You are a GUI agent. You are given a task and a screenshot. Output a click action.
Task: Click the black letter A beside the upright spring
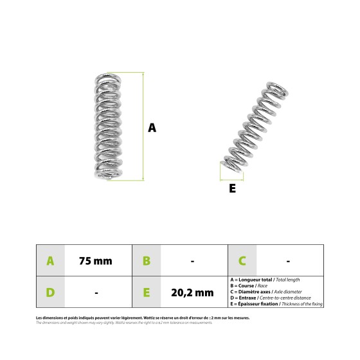click(152, 127)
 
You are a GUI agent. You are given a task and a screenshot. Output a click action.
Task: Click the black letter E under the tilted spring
click(232, 188)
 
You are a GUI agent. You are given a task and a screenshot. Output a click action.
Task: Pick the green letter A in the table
click(50, 261)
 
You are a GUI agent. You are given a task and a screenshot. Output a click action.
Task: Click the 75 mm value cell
click(95, 261)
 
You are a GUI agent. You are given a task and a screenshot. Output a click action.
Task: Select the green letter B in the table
click(146, 261)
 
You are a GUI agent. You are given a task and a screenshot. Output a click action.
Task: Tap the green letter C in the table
click(242, 261)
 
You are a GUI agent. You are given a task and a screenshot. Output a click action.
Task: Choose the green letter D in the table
click(50, 292)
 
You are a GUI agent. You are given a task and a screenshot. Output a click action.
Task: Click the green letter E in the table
click(146, 292)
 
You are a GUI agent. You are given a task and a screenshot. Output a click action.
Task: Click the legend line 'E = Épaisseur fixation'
click(275, 304)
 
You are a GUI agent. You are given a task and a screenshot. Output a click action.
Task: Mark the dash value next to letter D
click(96, 292)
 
